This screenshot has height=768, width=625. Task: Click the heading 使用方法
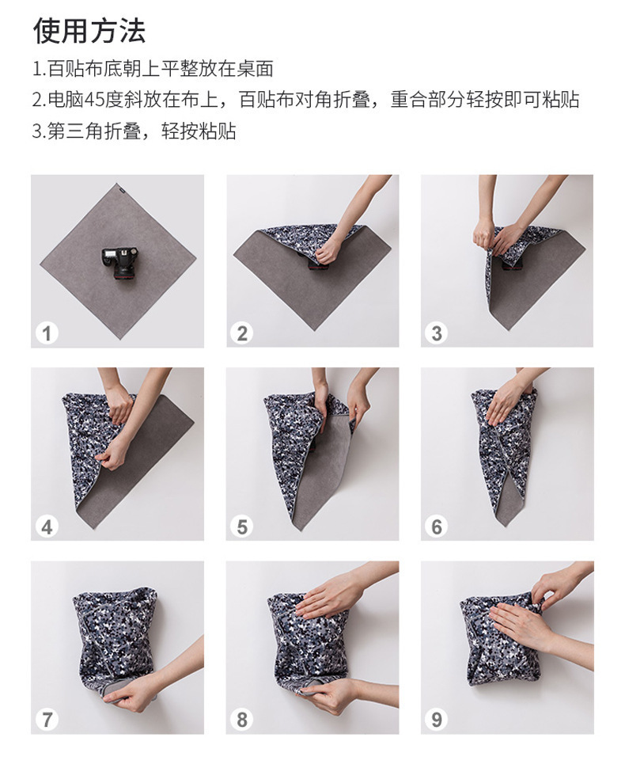pyautogui.click(x=89, y=30)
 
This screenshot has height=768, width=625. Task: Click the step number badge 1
pyautogui.click(x=47, y=333)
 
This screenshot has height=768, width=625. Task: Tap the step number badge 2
pyautogui.click(x=242, y=333)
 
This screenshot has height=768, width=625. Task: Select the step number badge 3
pyautogui.click(x=436, y=333)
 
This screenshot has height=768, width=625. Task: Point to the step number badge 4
pyautogui.click(x=47, y=527)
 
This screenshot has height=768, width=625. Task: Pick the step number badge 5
pyautogui.click(x=242, y=527)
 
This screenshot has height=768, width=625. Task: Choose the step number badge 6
pyautogui.click(x=436, y=527)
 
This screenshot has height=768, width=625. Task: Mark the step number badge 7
pyautogui.click(x=47, y=720)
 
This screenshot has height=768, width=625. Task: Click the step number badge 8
pyautogui.click(x=242, y=720)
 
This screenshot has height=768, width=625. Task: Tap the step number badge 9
pyautogui.click(x=436, y=720)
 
